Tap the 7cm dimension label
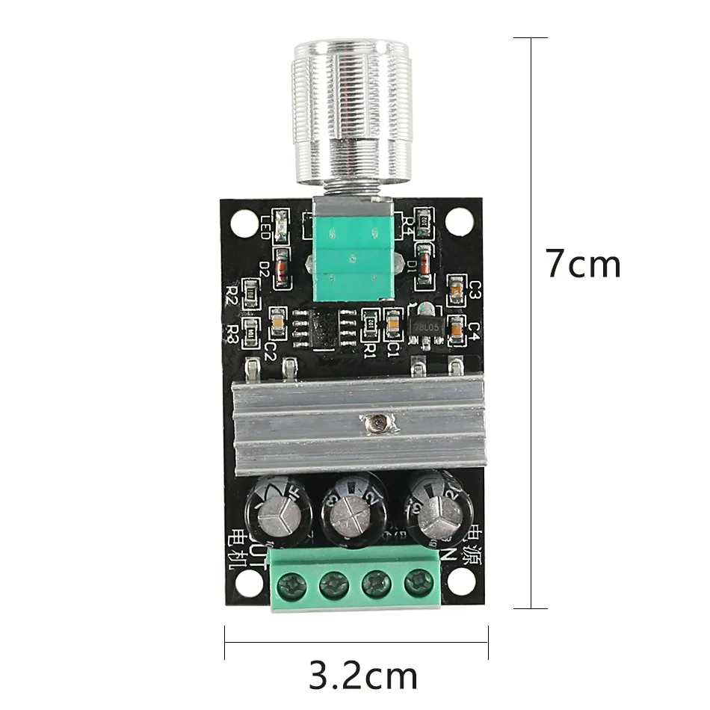point(582,265)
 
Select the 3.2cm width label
point(362,676)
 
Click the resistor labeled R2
point(252,296)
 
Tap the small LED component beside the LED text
point(281,224)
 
